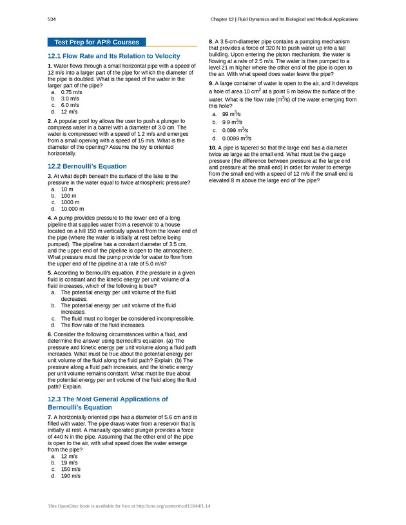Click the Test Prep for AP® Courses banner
pyautogui.click(x=97, y=43)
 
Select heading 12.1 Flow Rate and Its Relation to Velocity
pyautogui.click(x=113, y=57)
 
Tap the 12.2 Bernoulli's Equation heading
pyautogui.click(x=87, y=166)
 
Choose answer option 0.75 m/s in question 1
pyautogui.click(x=70, y=92)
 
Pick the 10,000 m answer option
pyautogui.click(x=72, y=209)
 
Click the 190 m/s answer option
pyautogui.click(x=71, y=476)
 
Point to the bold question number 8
pyautogui.click(x=211, y=42)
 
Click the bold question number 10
pyautogui.click(x=213, y=148)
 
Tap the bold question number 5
pyautogui.click(x=50, y=273)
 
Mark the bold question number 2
pyautogui.click(x=50, y=121)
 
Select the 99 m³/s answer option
pyautogui.click(x=232, y=114)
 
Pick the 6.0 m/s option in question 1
pyautogui.click(x=70, y=105)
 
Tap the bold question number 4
pyautogui.click(x=50, y=218)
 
